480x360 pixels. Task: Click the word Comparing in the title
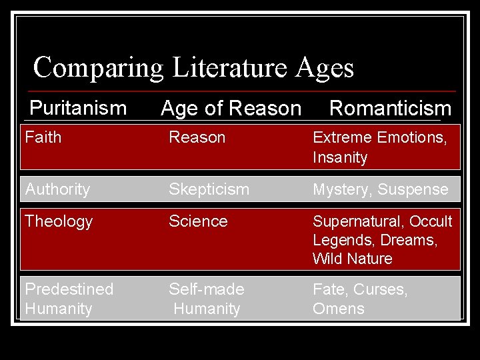[97, 68]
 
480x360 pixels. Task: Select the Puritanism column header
[78, 107]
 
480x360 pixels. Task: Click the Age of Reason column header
[231, 108]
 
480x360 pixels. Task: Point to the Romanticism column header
[390, 108]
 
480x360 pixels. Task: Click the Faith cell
[43, 138]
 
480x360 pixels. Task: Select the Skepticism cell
[209, 189]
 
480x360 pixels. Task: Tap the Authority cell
[57, 189]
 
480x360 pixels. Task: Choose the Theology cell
[59, 221]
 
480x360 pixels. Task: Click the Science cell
[198, 221]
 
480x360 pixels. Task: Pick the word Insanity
[340, 158]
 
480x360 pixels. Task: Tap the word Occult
[431, 221]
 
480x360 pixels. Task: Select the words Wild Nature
[353, 259]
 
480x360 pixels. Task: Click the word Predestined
[69, 289]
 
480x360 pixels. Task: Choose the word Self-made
[207, 289]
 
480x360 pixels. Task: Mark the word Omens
[339, 309]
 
